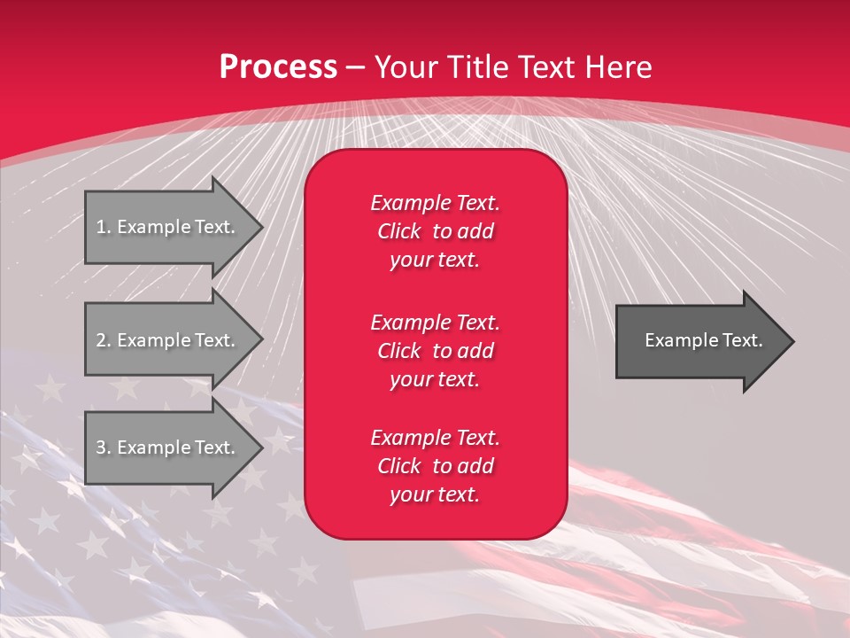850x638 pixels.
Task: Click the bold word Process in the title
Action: pyautogui.click(x=278, y=67)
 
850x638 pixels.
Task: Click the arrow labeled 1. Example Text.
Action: pyautogui.click(x=168, y=227)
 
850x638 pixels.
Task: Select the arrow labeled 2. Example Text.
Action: pyautogui.click(x=168, y=340)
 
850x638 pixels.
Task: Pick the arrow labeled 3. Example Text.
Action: pyautogui.click(x=168, y=447)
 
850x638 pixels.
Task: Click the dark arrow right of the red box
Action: pyautogui.click(x=699, y=340)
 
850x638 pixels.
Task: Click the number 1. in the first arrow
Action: pyautogui.click(x=104, y=227)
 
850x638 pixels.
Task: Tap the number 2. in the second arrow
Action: pyautogui.click(x=104, y=340)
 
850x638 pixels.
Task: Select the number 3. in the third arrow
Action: pyautogui.click(x=104, y=447)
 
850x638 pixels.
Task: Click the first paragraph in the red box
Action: pyautogui.click(x=435, y=231)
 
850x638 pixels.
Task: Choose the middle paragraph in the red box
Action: pyautogui.click(x=435, y=350)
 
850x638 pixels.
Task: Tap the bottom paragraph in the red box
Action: pyautogui.click(x=435, y=466)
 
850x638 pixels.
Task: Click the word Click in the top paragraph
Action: pyautogui.click(x=398, y=231)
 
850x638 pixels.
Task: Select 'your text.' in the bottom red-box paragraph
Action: pyautogui.click(x=435, y=494)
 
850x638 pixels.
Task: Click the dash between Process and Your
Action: pyautogui.click(x=356, y=67)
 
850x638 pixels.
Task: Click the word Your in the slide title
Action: pyautogui.click(x=406, y=67)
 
